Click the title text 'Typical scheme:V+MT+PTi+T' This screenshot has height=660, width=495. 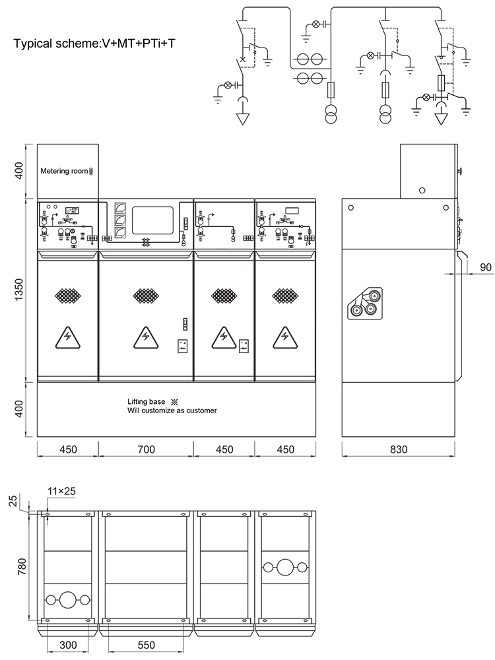click(94, 44)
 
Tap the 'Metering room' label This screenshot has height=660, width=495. click(64, 171)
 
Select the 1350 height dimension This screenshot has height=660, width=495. click(19, 290)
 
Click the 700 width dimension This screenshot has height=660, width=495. click(146, 449)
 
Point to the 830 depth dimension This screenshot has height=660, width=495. click(398, 449)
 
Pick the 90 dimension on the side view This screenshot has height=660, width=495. click(485, 267)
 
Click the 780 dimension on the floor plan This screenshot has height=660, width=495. click(22, 566)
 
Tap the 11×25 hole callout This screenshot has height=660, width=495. click(61, 491)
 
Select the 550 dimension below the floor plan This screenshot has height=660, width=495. click(146, 645)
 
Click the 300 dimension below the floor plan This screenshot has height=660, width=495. click(68, 645)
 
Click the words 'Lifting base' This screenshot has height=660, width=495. click(146, 401)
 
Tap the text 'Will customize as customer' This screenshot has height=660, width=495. click(172, 411)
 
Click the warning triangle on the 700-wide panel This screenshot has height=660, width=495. click(146, 338)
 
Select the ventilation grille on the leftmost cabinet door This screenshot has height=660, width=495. click(68, 296)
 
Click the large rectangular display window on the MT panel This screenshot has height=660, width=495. click(153, 220)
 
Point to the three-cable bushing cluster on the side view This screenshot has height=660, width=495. click(364, 303)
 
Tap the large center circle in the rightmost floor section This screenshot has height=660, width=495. click(284, 568)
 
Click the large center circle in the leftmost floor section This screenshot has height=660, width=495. click(68, 599)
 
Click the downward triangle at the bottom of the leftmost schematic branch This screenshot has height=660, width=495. click(242, 119)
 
